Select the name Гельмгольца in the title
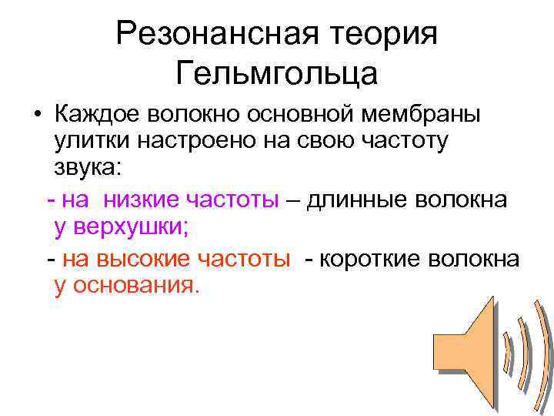point(277,74)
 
